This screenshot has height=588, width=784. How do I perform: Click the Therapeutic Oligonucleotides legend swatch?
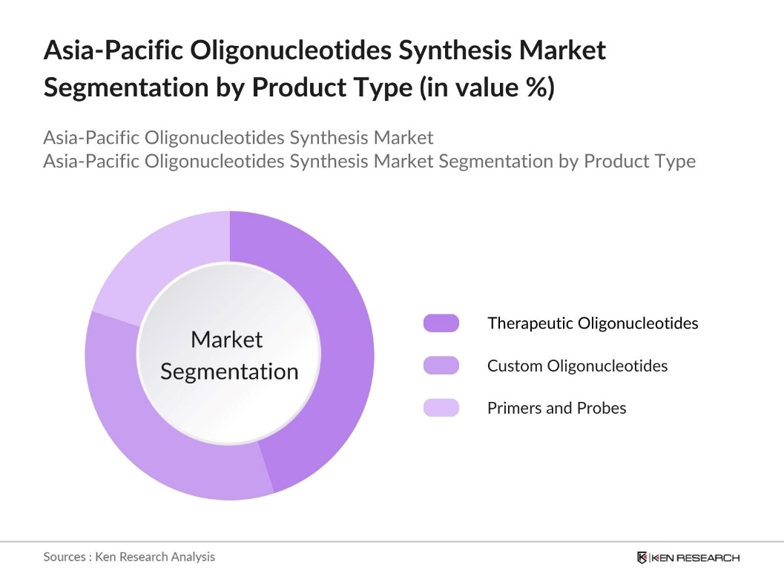(x=441, y=323)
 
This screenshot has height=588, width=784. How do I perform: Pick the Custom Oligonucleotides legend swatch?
(x=441, y=366)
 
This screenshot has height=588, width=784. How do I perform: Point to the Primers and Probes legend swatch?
(x=441, y=408)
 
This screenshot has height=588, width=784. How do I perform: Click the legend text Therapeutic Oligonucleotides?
(x=593, y=323)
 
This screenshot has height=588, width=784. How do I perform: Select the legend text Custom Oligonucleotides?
(x=577, y=366)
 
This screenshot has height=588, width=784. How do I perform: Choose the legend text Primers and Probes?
(x=556, y=408)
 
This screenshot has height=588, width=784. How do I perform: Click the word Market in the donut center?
(x=227, y=340)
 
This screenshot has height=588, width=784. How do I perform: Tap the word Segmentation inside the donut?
(x=229, y=371)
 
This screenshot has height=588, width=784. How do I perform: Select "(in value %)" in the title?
(x=487, y=87)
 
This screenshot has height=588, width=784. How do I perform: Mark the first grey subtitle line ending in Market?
(x=238, y=137)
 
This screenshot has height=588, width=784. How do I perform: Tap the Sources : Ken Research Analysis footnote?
(x=129, y=556)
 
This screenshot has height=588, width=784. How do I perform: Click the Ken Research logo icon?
(x=642, y=558)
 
